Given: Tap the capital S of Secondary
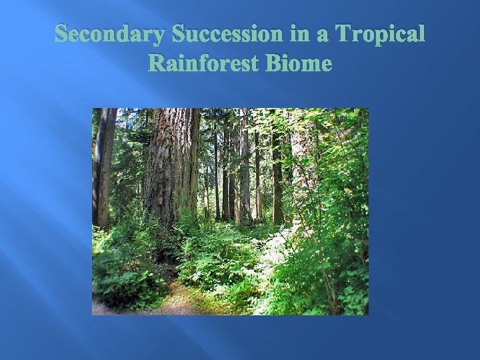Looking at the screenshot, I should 61,34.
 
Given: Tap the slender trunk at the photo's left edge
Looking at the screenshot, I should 103,167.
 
